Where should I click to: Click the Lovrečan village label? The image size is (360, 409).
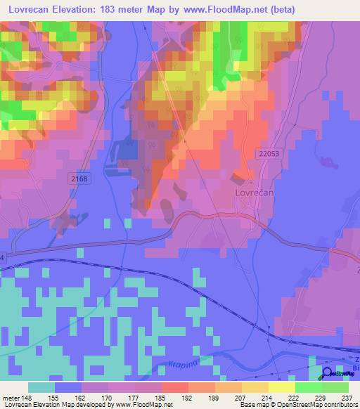tap(255, 190)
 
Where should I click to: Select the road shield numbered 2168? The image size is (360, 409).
tap(80, 179)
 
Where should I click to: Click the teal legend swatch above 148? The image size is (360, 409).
tap(41, 387)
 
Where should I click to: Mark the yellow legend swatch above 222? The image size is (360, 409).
tap(282, 387)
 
